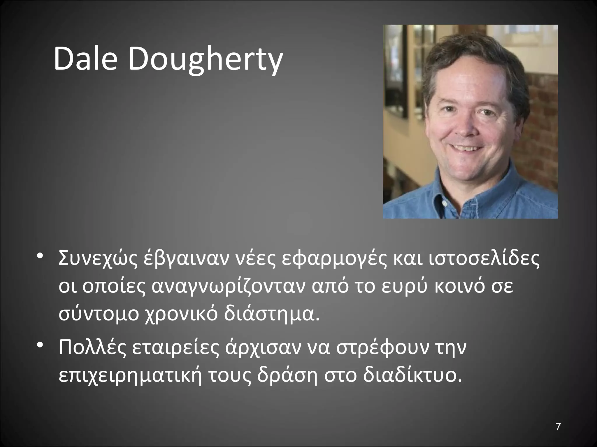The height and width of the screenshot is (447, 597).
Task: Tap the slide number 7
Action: coord(558,427)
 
